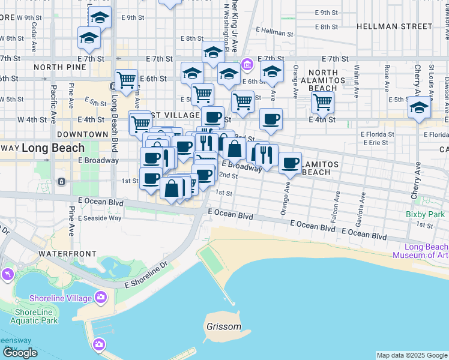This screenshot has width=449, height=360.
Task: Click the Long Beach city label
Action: click(49, 147)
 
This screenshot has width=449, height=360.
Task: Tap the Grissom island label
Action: click(223, 328)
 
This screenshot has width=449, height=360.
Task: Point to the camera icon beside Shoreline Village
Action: click(100, 296)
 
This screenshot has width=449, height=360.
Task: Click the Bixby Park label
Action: click(425, 214)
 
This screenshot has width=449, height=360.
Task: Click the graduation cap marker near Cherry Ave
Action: click(420, 108)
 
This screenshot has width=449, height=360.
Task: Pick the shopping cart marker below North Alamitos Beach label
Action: click(323, 103)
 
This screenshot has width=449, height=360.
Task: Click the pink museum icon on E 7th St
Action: click(247, 64)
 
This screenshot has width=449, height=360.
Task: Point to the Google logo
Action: click(20, 352)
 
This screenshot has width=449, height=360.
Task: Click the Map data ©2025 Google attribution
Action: click(412, 355)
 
